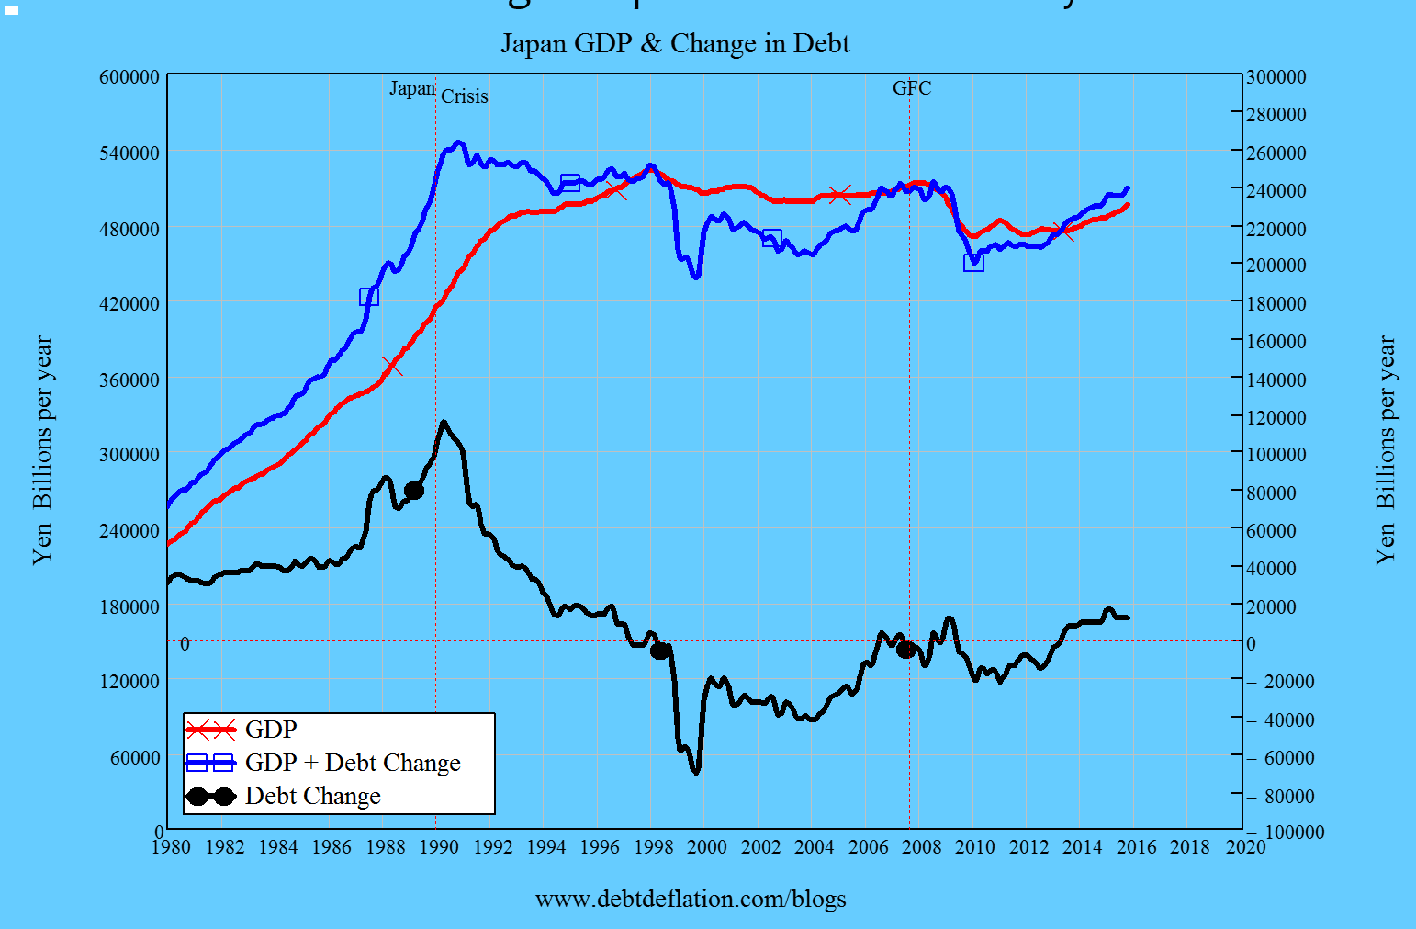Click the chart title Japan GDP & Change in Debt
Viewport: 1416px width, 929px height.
coord(675,43)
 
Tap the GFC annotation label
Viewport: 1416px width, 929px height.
coord(911,88)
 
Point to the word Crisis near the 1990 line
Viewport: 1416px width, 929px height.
coord(465,96)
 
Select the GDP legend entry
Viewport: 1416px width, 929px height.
coord(271,730)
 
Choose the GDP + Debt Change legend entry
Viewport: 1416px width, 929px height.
coord(353,763)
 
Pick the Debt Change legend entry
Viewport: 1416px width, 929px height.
coord(312,796)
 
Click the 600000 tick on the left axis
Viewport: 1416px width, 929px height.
coord(129,77)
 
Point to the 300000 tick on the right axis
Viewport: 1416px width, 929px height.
coord(1276,77)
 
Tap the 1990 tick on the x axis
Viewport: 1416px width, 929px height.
coord(439,846)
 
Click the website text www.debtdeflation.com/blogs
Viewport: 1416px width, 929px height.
coord(691,899)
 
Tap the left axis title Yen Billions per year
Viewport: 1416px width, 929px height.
coord(43,450)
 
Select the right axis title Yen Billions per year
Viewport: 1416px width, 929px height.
coord(1386,450)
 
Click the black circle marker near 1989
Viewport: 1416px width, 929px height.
coord(414,491)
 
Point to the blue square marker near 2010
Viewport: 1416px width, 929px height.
coord(973,262)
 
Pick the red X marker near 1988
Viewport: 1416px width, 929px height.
coord(392,366)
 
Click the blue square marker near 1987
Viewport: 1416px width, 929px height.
coord(369,296)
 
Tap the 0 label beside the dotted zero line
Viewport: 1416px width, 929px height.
coord(185,644)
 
